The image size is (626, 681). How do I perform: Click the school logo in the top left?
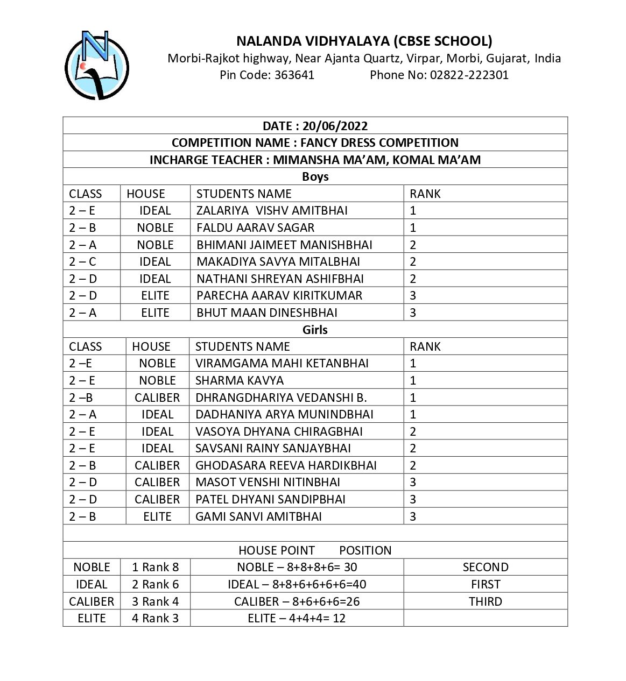click(97, 65)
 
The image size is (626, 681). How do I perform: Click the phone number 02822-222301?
click(468, 75)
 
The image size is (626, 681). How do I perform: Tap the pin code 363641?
click(294, 75)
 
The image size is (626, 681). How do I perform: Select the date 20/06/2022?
click(335, 126)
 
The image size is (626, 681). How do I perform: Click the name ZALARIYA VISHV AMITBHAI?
click(272, 210)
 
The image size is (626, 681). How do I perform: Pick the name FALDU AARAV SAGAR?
click(255, 228)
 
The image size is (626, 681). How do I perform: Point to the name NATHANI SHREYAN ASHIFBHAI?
click(280, 279)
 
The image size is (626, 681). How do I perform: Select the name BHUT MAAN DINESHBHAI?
click(267, 313)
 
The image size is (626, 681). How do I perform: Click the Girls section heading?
click(315, 330)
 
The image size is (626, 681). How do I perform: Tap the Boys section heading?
click(315, 176)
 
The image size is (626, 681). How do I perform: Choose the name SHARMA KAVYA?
click(239, 380)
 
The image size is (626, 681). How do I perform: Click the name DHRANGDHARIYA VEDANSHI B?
click(281, 398)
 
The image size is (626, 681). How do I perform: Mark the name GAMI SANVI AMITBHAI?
click(258, 516)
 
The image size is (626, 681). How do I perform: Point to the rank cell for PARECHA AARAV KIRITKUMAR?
click(413, 295)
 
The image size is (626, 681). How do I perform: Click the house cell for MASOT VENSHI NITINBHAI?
click(157, 482)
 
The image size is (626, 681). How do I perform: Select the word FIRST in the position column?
click(485, 584)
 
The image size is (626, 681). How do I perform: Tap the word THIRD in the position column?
click(485, 601)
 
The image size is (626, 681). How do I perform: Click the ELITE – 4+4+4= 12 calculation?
click(297, 618)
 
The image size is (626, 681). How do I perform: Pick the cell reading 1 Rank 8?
click(155, 567)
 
